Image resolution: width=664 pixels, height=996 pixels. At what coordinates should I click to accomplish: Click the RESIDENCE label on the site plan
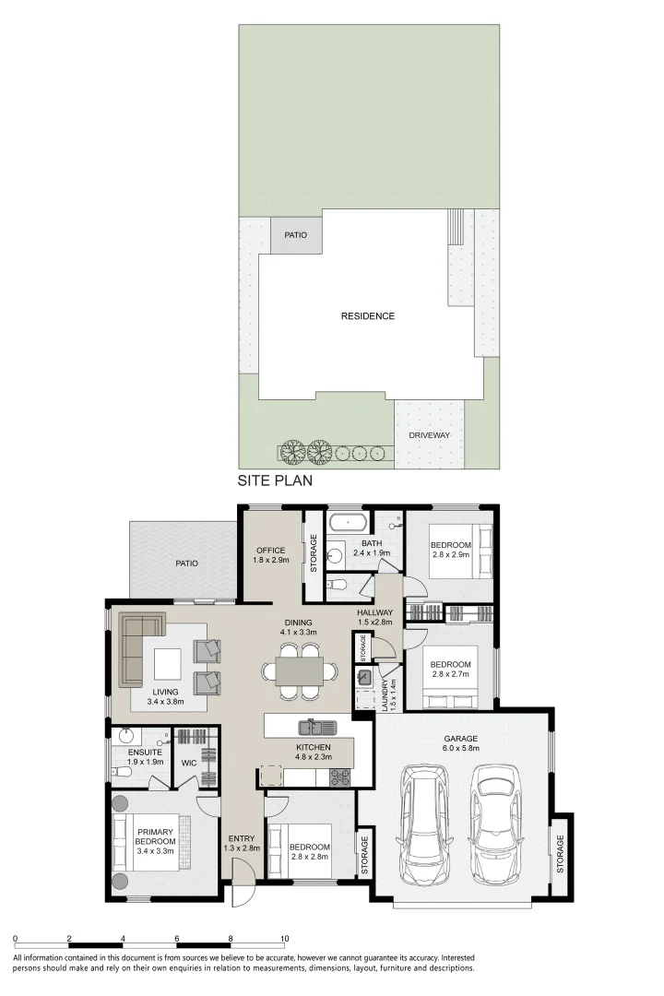click(367, 315)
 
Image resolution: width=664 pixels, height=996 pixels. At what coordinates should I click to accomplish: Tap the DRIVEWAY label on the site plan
click(429, 435)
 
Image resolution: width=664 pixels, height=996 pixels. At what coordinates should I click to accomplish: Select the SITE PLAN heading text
click(275, 480)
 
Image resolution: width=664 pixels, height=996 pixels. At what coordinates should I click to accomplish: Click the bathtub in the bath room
click(347, 524)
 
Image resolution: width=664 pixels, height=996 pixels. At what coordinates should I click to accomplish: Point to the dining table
click(299, 671)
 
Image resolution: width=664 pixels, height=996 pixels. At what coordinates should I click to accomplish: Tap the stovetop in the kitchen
click(340, 777)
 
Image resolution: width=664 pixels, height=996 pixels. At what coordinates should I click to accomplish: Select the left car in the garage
click(423, 824)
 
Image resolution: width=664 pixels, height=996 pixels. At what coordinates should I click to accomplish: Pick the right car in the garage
click(494, 824)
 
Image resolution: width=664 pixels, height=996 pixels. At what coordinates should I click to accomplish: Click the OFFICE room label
click(271, 550)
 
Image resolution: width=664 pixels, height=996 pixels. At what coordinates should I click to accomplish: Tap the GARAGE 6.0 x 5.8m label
click(461, 743)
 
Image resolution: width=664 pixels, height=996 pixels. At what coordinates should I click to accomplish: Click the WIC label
click(189, 763)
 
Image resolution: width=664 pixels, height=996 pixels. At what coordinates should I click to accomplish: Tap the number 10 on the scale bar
click(285, 938)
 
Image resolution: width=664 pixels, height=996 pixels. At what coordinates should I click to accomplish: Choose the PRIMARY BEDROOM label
click(155, 836)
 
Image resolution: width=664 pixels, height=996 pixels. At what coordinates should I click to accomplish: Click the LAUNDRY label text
click(385, 695)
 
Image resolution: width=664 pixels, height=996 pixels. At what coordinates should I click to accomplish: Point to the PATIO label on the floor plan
click(187, 563)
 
